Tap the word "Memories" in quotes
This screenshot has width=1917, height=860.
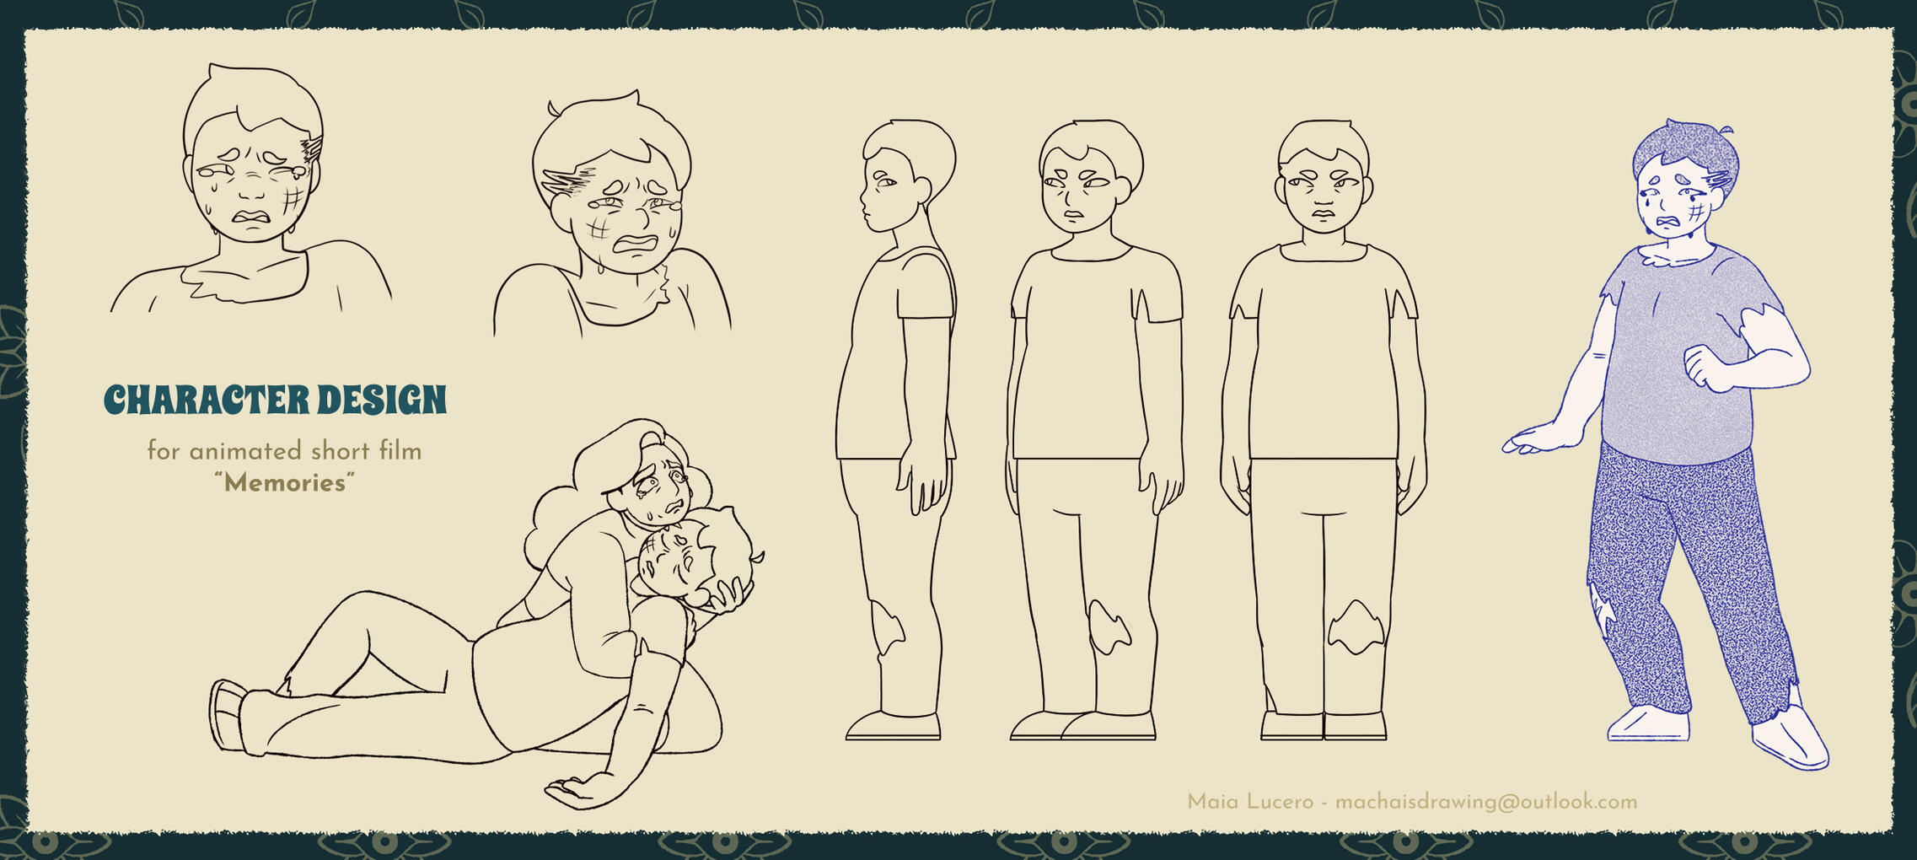pyautogui.click(x=284, y=483)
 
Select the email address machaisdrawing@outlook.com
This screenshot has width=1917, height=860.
pyautogui.click(x=1486, y=802)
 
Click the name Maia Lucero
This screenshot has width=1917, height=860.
pyautogui.click(x=1250, y=802)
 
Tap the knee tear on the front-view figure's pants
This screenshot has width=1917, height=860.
pyautogui.click(x=1356, y=627)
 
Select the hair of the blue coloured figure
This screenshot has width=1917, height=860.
pyautogui.click(x=1684, y=154)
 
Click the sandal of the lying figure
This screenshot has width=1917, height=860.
pyautogui.click(x=228, y=715)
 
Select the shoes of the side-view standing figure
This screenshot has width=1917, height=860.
pyautogui.click(x=894, y=726)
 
